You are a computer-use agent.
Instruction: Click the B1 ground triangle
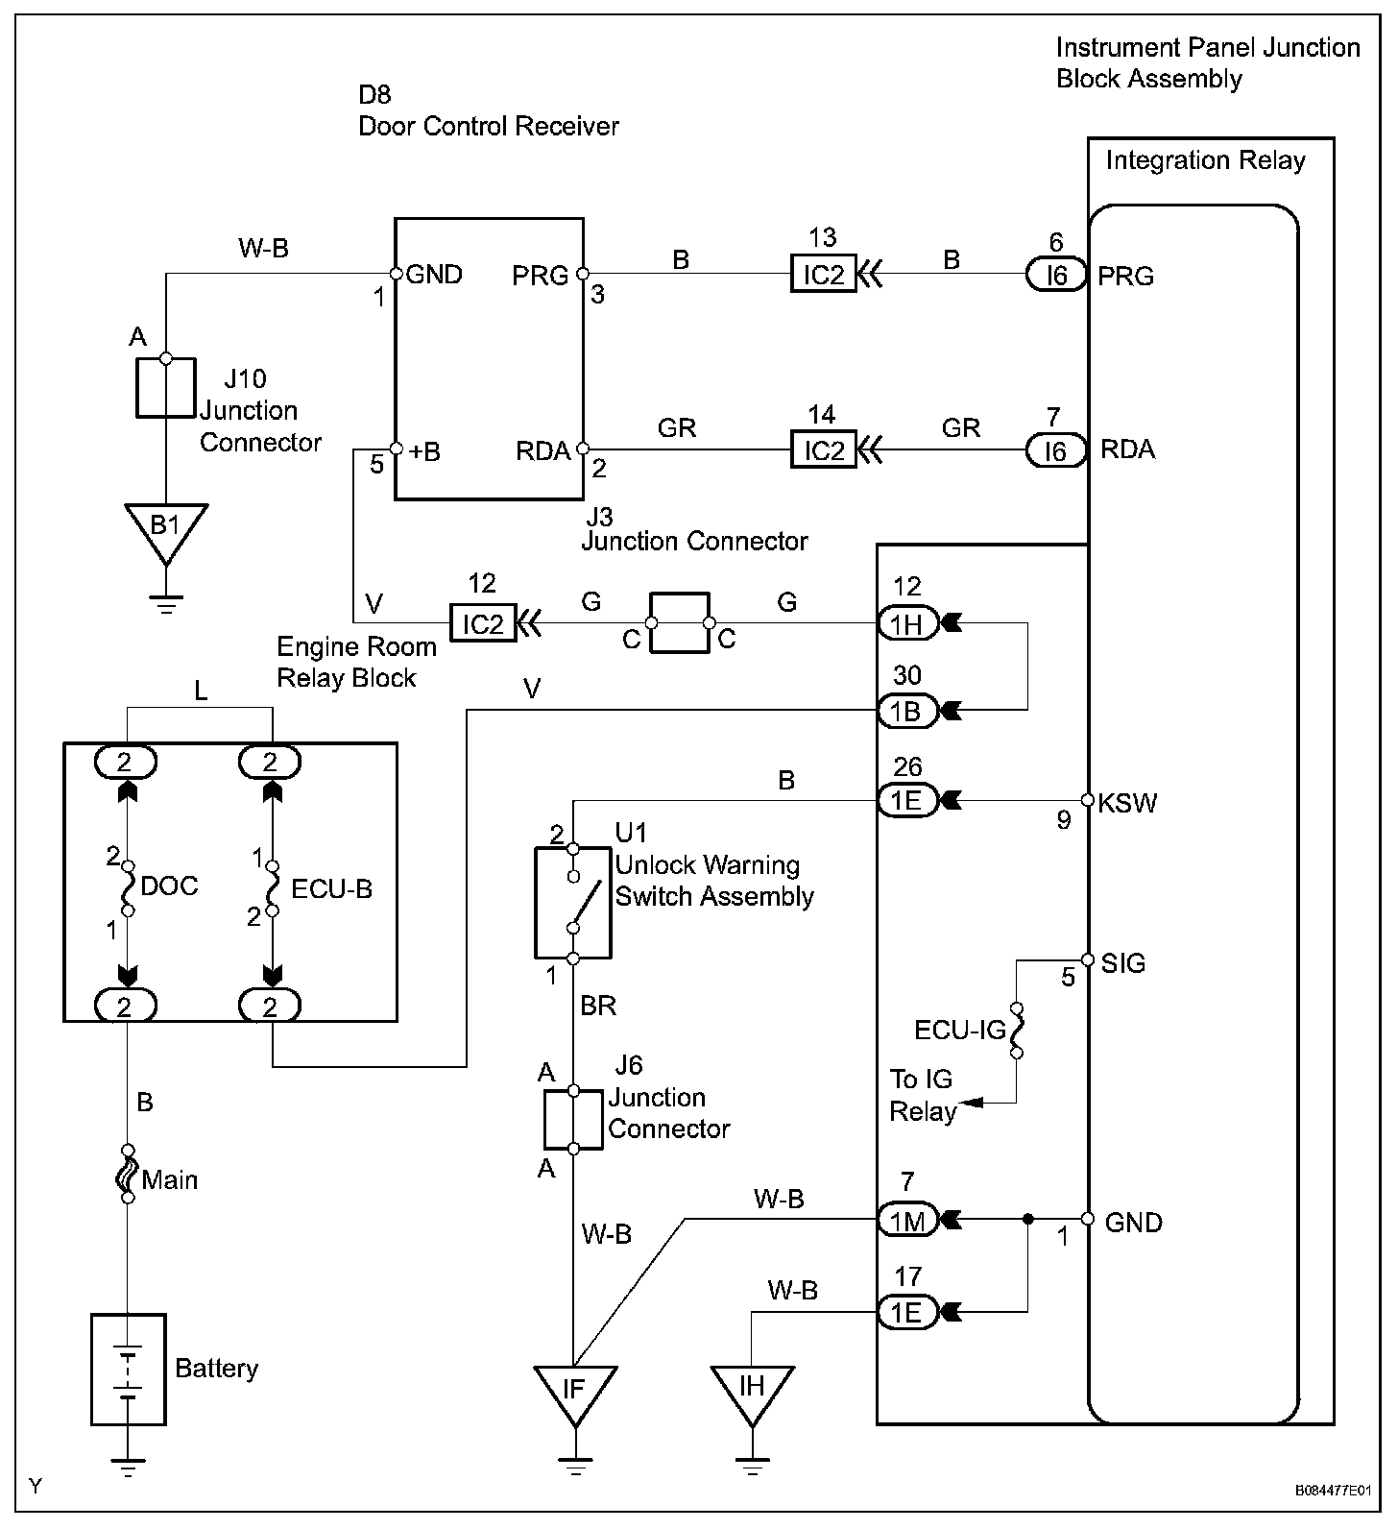[166, 529]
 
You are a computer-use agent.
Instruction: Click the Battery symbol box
[128, 1369]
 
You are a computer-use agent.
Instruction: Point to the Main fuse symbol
[128, 1174]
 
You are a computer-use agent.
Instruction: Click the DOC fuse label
[169, 886]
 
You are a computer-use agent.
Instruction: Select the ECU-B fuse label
[331, 888]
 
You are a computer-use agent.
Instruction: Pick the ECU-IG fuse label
[960, 1031]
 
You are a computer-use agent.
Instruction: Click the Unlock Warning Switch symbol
[573, 903]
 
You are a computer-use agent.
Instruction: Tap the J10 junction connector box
[165, 388]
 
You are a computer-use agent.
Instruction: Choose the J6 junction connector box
[573, 1119]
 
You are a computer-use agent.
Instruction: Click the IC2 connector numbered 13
[823, 275]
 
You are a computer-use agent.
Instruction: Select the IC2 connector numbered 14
[823, 449]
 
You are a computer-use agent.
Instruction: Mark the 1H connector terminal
[906, 625]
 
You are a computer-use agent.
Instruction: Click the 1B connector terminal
[906, 711]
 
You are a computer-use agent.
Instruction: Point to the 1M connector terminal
[906, 1221]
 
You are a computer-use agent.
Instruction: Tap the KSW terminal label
[1127, 803]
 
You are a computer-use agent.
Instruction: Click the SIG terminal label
[1122, 962]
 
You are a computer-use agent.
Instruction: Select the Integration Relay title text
[1205, 160]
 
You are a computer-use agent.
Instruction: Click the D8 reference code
[374, 95]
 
